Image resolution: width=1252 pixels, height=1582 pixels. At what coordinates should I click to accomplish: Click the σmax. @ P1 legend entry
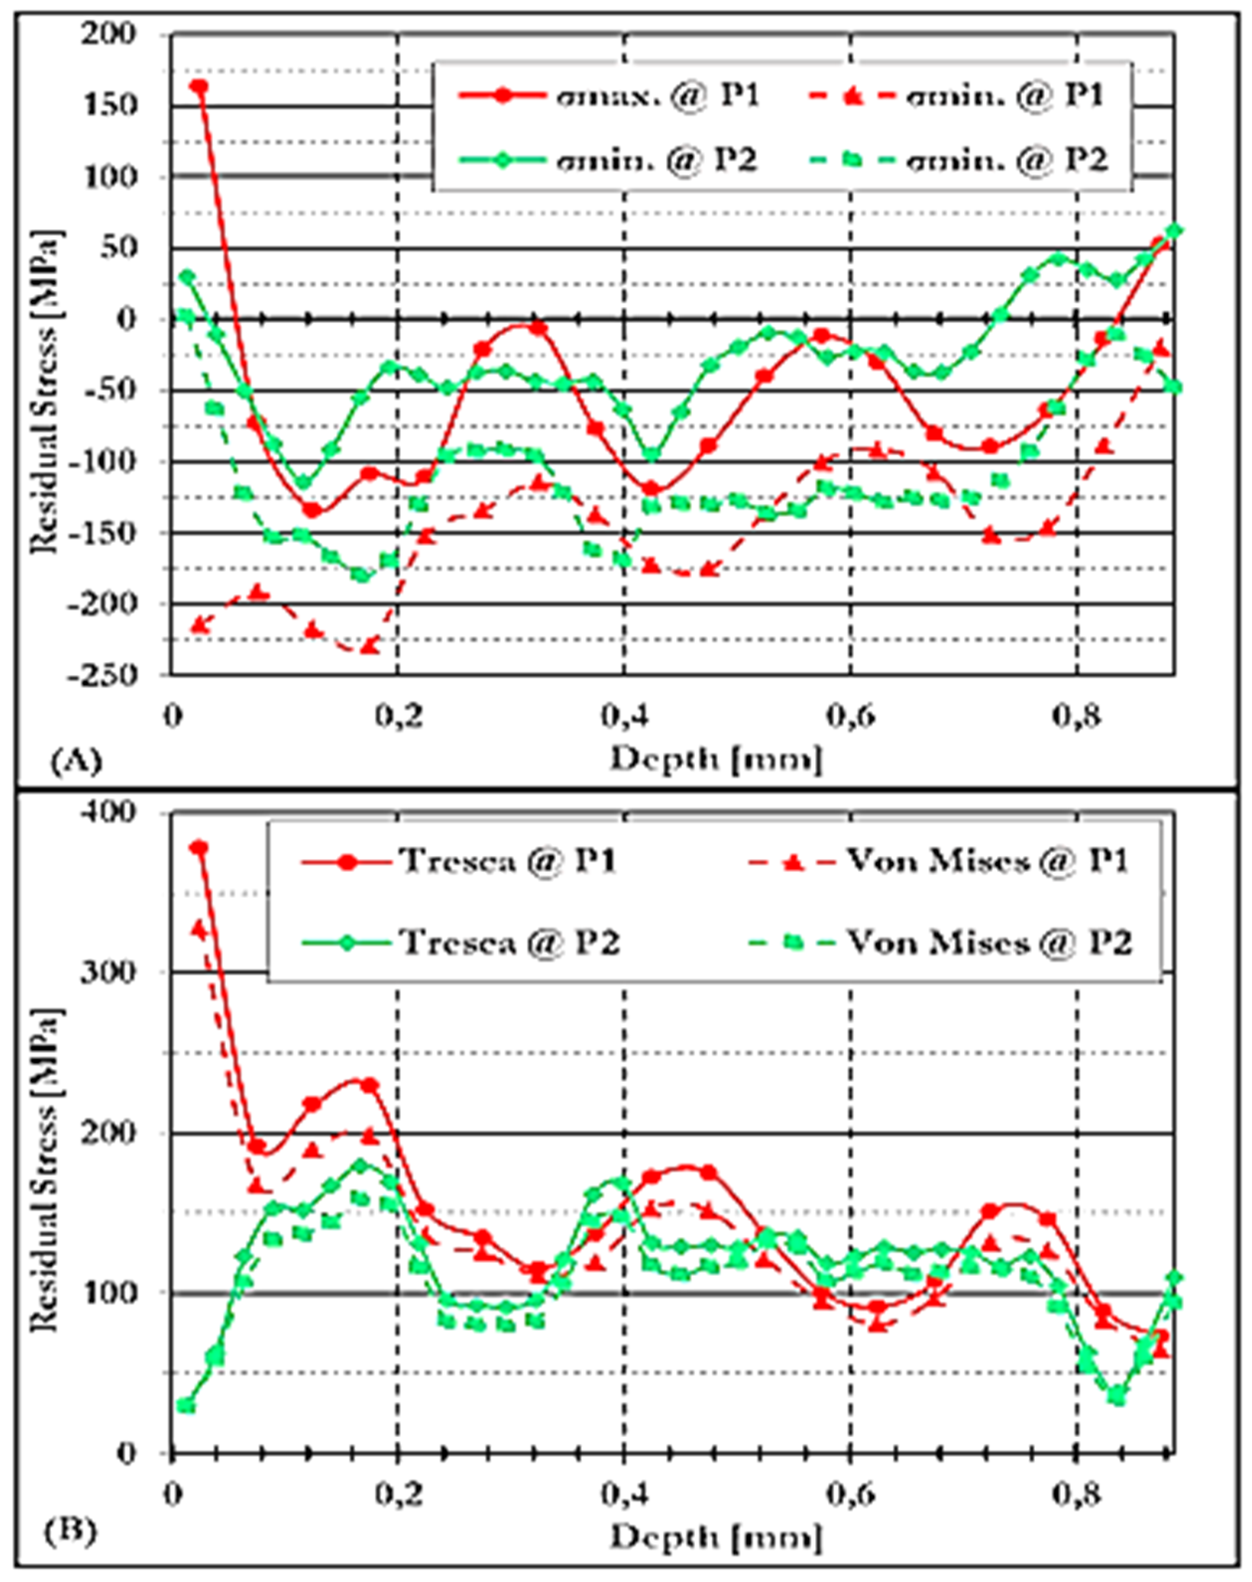pyautogui.click(x=609, y=95)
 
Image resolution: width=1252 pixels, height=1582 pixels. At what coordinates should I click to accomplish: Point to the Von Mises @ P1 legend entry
pyautogui.click(x=939, y=862)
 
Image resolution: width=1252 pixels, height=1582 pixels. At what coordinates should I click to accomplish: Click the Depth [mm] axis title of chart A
pyautogui.click(x=715, y=760)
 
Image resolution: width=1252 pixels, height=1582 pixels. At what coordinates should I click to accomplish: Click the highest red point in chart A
pyautogui.click(x=199, y=86)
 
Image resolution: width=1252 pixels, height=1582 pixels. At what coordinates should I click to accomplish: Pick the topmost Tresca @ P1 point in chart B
pyautogui.click(x=199, y=848)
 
